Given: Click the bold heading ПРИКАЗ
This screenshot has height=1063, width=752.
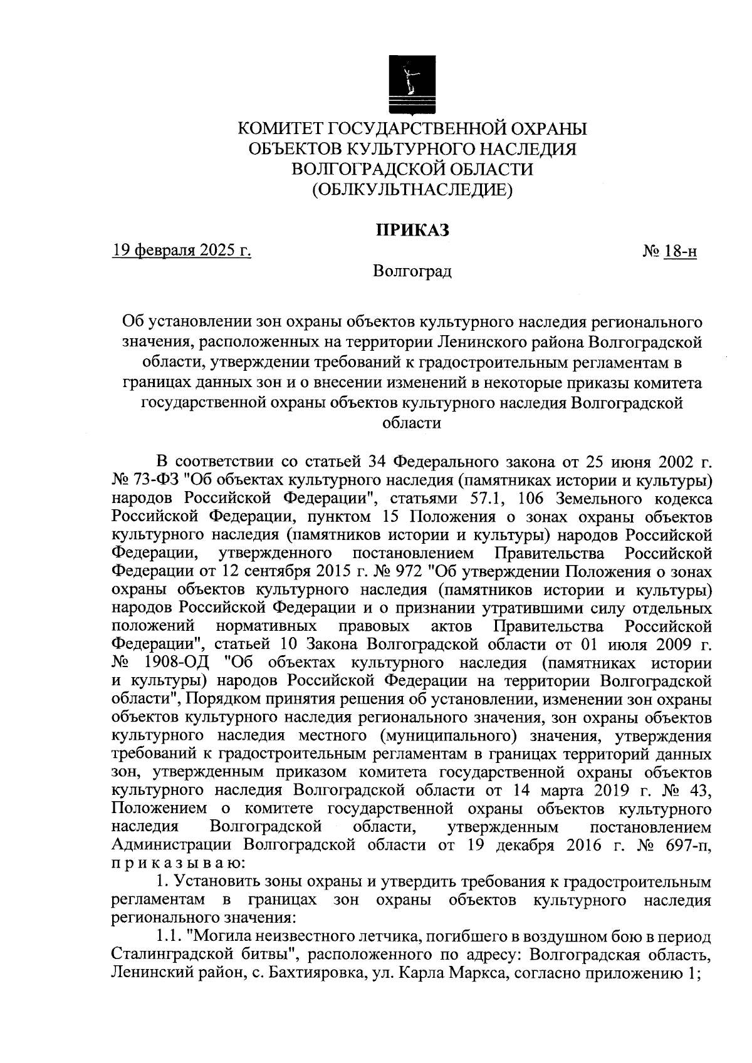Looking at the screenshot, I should (x=412, y=231).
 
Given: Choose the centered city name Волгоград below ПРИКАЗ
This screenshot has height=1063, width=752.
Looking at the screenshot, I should (x=412, y=272).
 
